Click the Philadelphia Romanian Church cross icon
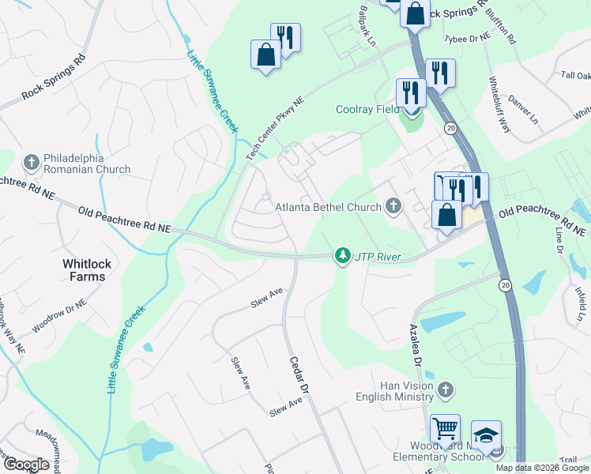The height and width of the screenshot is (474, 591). click(x=32, y=162)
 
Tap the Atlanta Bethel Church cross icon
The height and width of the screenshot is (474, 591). click(x=393, y=208)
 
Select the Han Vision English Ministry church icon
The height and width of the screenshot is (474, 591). click(x=446, y=389)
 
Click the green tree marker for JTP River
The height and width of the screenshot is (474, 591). click(x=342, y=256)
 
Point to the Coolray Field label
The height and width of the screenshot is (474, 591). click(x=367, y=110)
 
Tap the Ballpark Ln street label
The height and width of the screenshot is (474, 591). click(x=367, y=25)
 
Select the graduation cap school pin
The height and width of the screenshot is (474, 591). click(x=486, y=435)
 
